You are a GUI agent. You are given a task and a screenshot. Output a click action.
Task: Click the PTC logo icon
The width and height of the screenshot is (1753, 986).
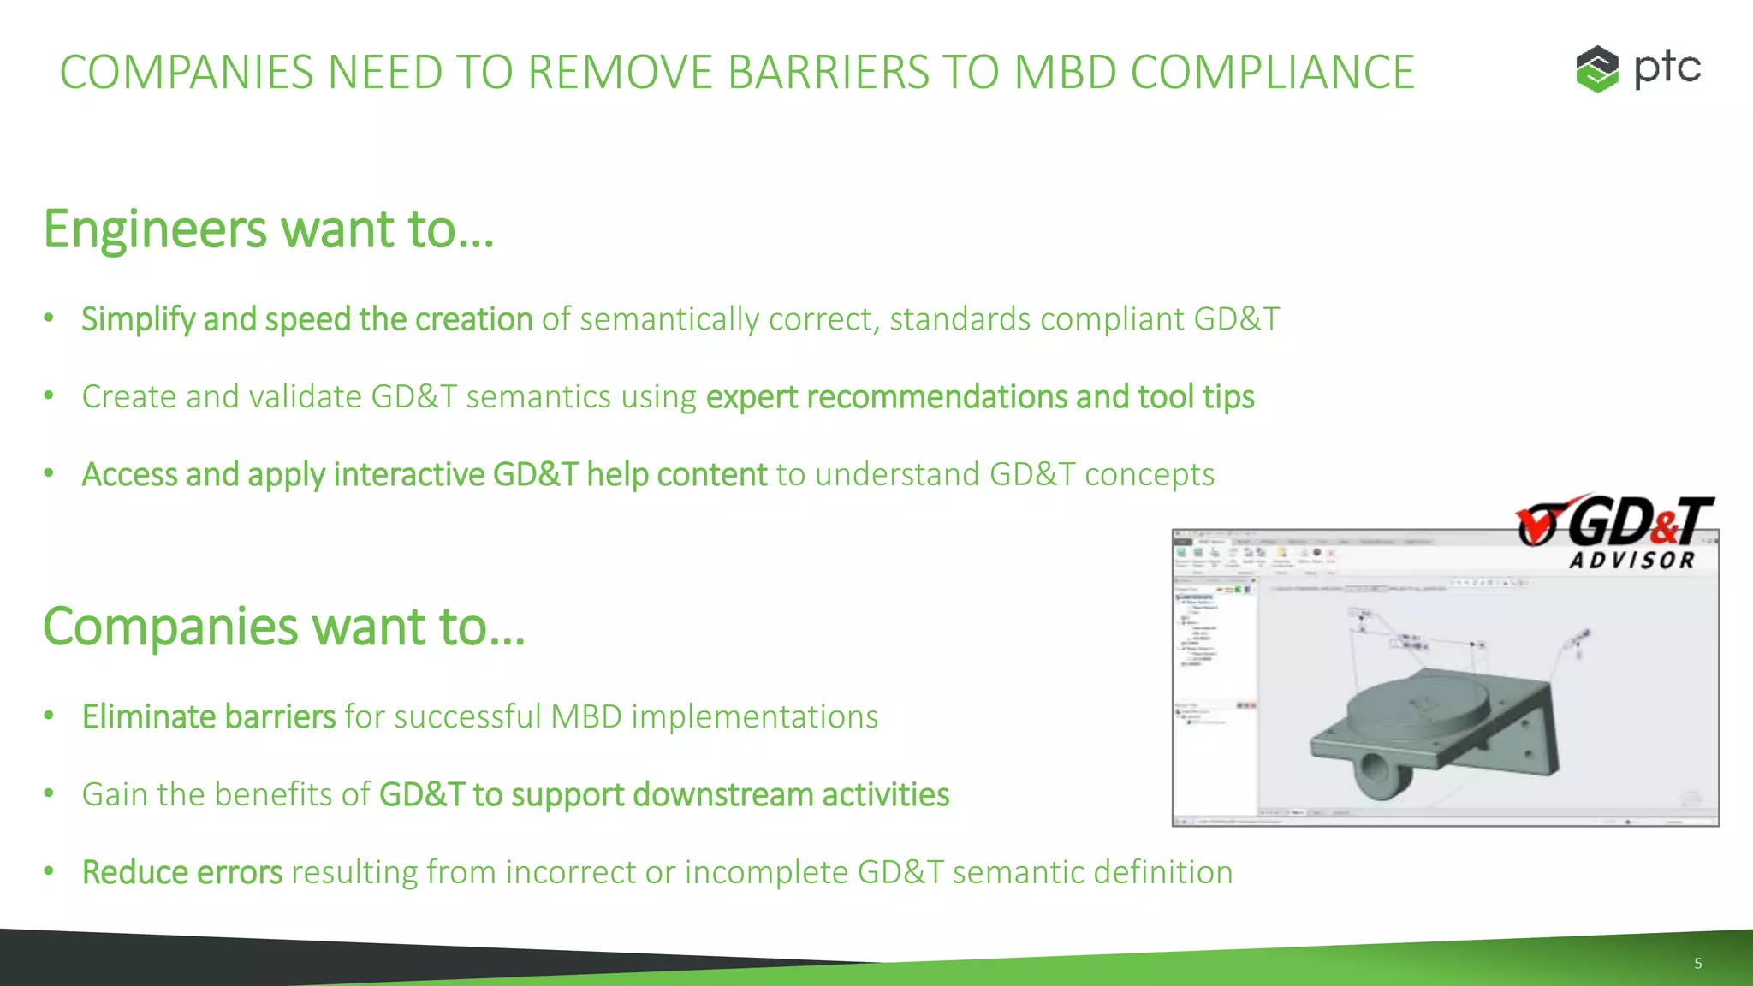pyautogui.click(x=1597, y=68)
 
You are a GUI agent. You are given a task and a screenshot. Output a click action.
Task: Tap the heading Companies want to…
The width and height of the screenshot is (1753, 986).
pyautogui.click(x=283, y=627)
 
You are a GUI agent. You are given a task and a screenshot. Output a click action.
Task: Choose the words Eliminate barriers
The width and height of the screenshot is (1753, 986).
pyautogui.click(x=209, y=717)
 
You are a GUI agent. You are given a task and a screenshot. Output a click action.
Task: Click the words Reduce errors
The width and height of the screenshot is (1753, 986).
pyautogui.click(x=181, y=873)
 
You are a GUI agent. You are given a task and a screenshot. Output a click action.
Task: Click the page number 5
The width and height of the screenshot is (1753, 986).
pyautogui.click(x=1697, y=964)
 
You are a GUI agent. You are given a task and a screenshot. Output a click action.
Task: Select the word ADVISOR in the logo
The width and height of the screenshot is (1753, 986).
pyautogui.click(x=1631, y=561)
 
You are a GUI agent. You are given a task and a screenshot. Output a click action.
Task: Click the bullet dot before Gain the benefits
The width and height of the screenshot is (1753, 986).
pyautogui.click(x=50, y=794)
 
